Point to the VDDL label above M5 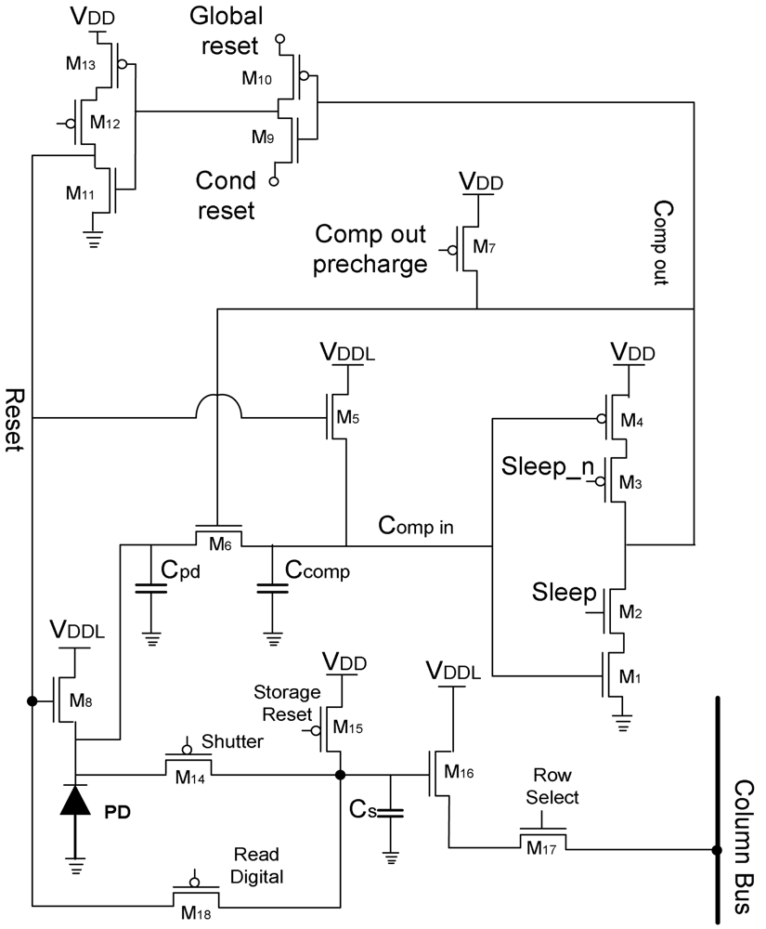tap(346, 353)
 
